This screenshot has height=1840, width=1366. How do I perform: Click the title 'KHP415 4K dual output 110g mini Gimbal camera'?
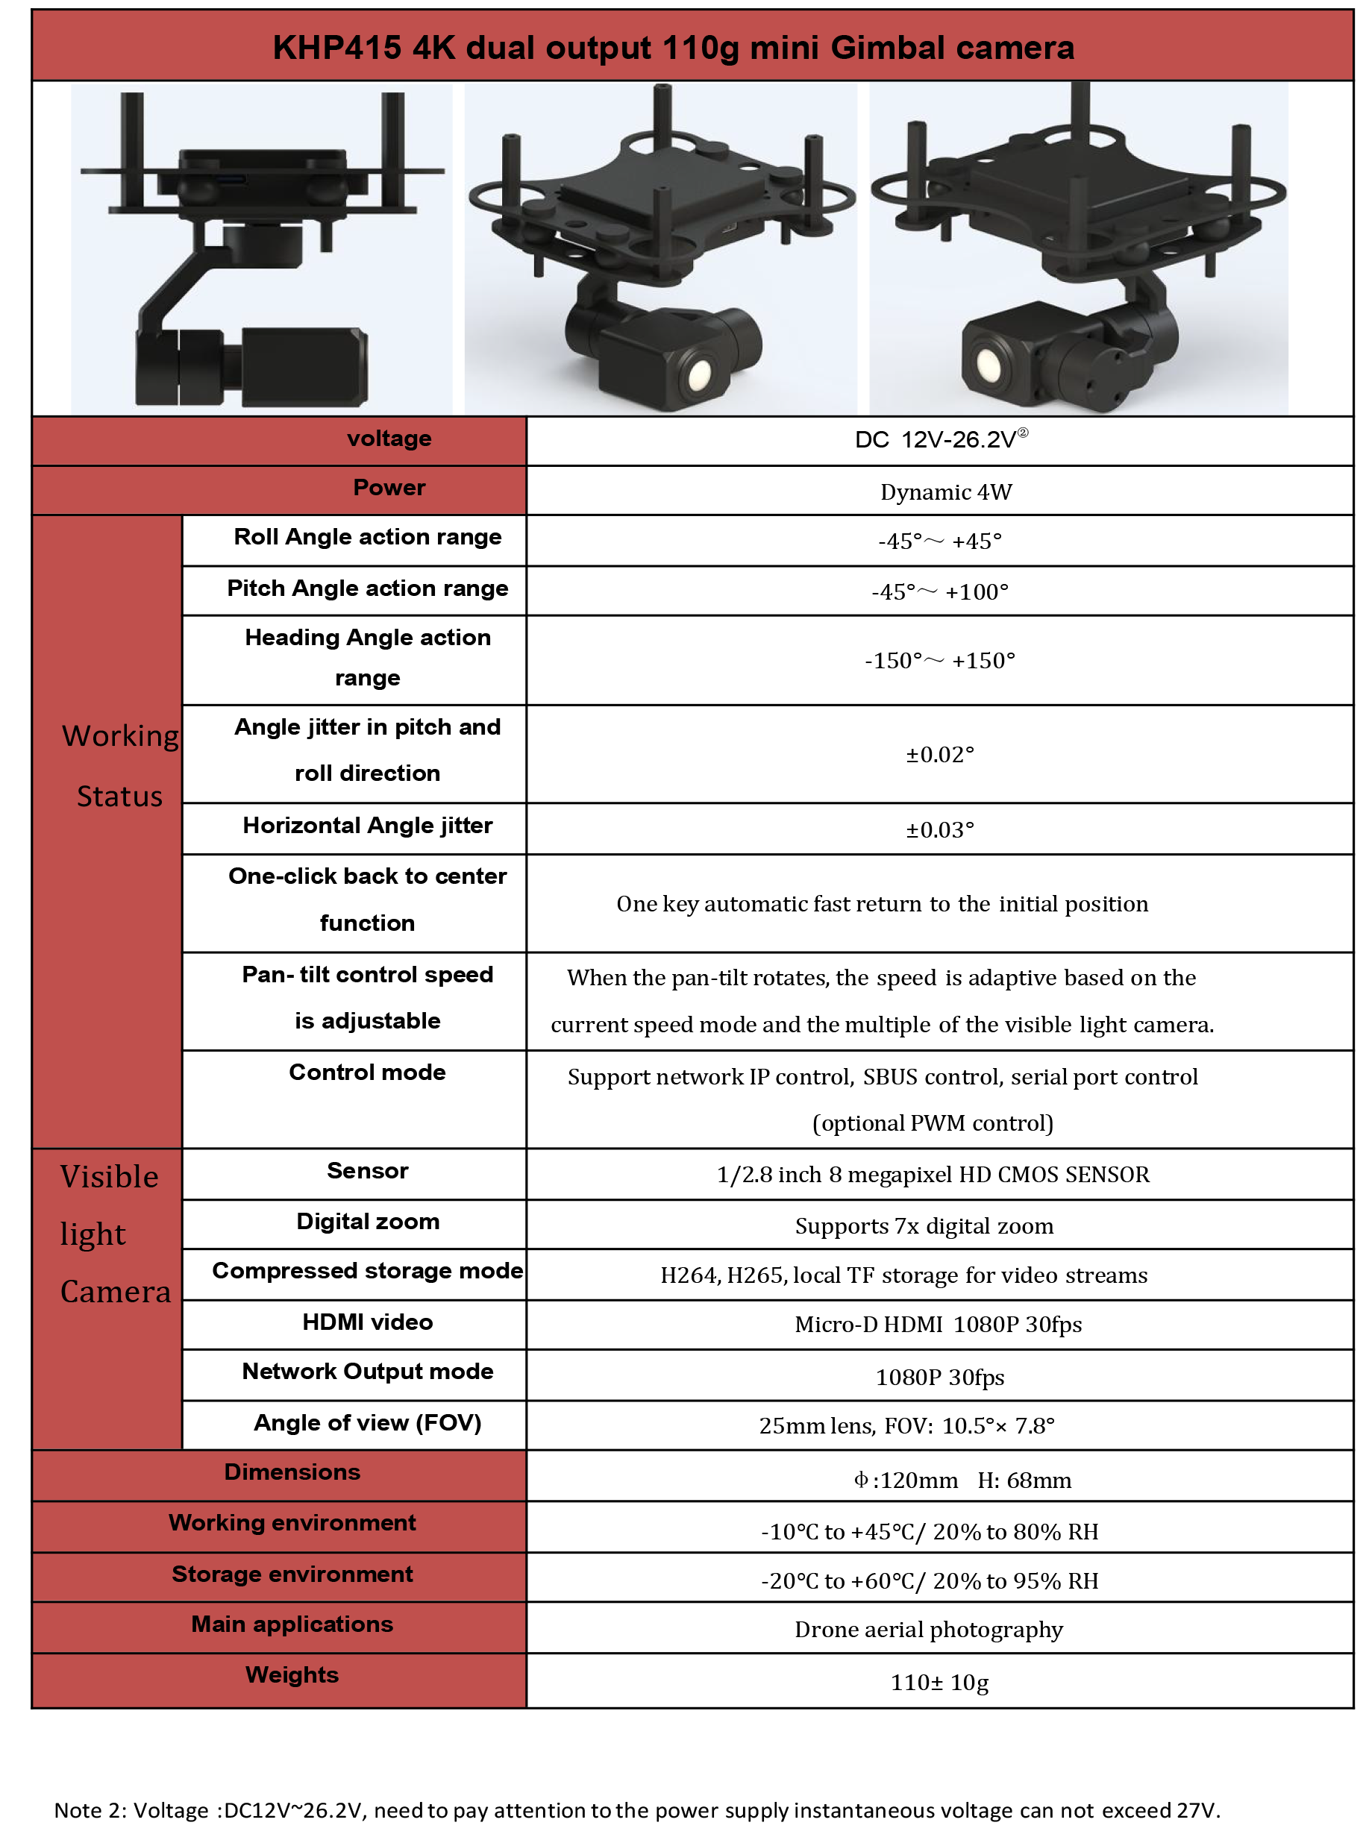[673, 48]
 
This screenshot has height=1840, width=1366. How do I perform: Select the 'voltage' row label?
[389, 438]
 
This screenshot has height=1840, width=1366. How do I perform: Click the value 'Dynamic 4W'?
[946, 492]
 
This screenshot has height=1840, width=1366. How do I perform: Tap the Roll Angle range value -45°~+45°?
[939, 541]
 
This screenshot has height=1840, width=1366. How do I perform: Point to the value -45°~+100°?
[939, 592]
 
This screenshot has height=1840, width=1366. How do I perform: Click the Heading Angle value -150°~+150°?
[939, 661]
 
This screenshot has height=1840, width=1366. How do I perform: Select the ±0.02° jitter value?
[939, 755]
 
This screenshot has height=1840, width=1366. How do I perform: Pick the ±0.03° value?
[939, 830]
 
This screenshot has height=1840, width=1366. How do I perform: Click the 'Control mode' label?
[367, 1072]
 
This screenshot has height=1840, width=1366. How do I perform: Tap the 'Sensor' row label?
[367, 1170]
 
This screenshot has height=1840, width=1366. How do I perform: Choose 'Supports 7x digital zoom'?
[924, 1226]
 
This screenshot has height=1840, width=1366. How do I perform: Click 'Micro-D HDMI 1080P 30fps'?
[938, 1324]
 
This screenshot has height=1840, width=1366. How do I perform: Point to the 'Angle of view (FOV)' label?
[367, 1422]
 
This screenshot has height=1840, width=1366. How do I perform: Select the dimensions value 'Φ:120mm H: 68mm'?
[962, 1480]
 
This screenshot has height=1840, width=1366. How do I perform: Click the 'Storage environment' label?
[292, 1574]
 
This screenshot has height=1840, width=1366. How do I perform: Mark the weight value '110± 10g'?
[939, 1682]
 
